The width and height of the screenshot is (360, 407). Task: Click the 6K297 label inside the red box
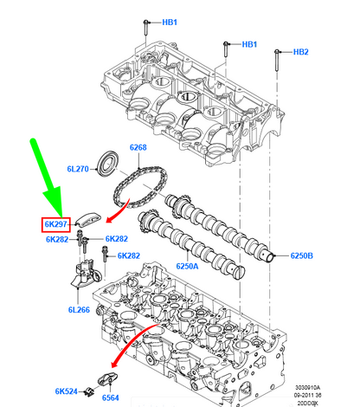pyautogui.click(x=57, y=224)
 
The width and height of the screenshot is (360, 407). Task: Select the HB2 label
pyautogui.click(x=300, y=52)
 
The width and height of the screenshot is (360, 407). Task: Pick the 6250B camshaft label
pyautogui.click(x=301, y=257)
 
